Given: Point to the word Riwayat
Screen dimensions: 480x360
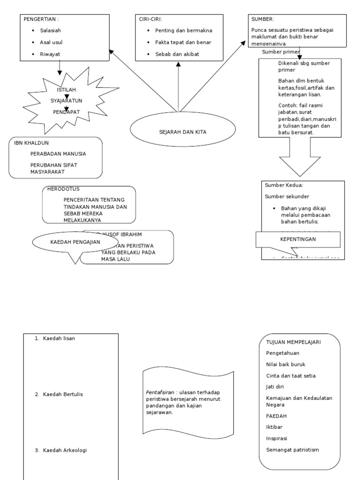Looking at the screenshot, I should click(x=50, y=54).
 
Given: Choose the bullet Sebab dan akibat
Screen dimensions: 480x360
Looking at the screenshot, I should click(x=177, y=54).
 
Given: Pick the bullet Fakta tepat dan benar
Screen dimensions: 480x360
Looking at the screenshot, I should click(x=183, y=42).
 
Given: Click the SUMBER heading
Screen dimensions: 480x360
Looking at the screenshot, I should click(x=262, y=19).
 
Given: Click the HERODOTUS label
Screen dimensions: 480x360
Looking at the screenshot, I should click(x=63, y=189).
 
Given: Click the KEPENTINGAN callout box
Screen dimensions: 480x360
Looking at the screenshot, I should click(x=298, y=239).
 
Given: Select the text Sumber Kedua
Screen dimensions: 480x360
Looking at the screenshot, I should click(x=284, y=186).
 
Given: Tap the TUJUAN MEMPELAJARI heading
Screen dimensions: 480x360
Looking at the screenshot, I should click(x=293, y=342).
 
